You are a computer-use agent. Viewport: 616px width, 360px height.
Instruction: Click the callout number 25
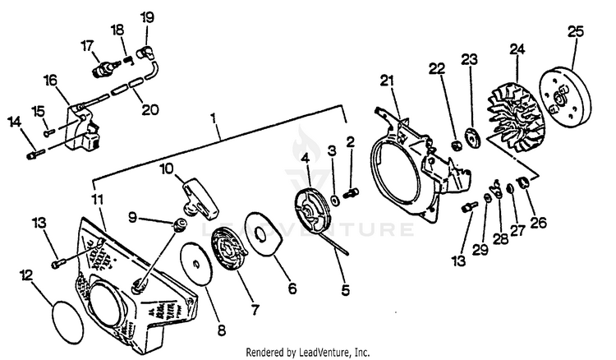[x=575, y=32]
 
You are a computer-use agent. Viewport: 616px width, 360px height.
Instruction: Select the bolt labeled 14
[x=33, y=152]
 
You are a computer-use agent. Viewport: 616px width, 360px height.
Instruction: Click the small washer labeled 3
[x=336, y=199]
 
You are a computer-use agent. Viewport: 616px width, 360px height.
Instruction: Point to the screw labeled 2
[x=352, y=193]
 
